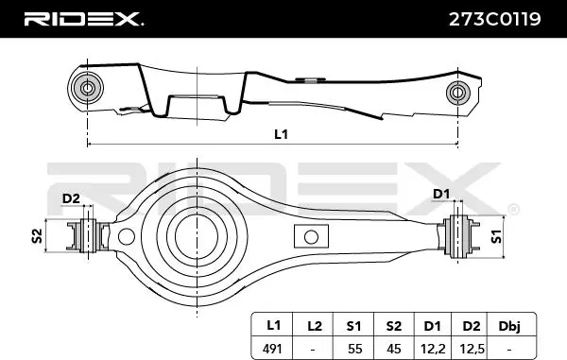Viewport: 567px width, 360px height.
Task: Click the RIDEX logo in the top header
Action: tap(82, 19)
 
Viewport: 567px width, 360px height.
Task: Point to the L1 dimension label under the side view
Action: tap(281, 134)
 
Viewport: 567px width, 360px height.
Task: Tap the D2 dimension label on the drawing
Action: tap(70, 197)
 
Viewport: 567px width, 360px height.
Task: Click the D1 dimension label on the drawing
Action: tap(439, 195)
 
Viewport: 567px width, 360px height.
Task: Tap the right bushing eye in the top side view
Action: tap(457, 93)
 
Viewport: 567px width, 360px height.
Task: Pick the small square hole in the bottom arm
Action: tap(307, 236)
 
